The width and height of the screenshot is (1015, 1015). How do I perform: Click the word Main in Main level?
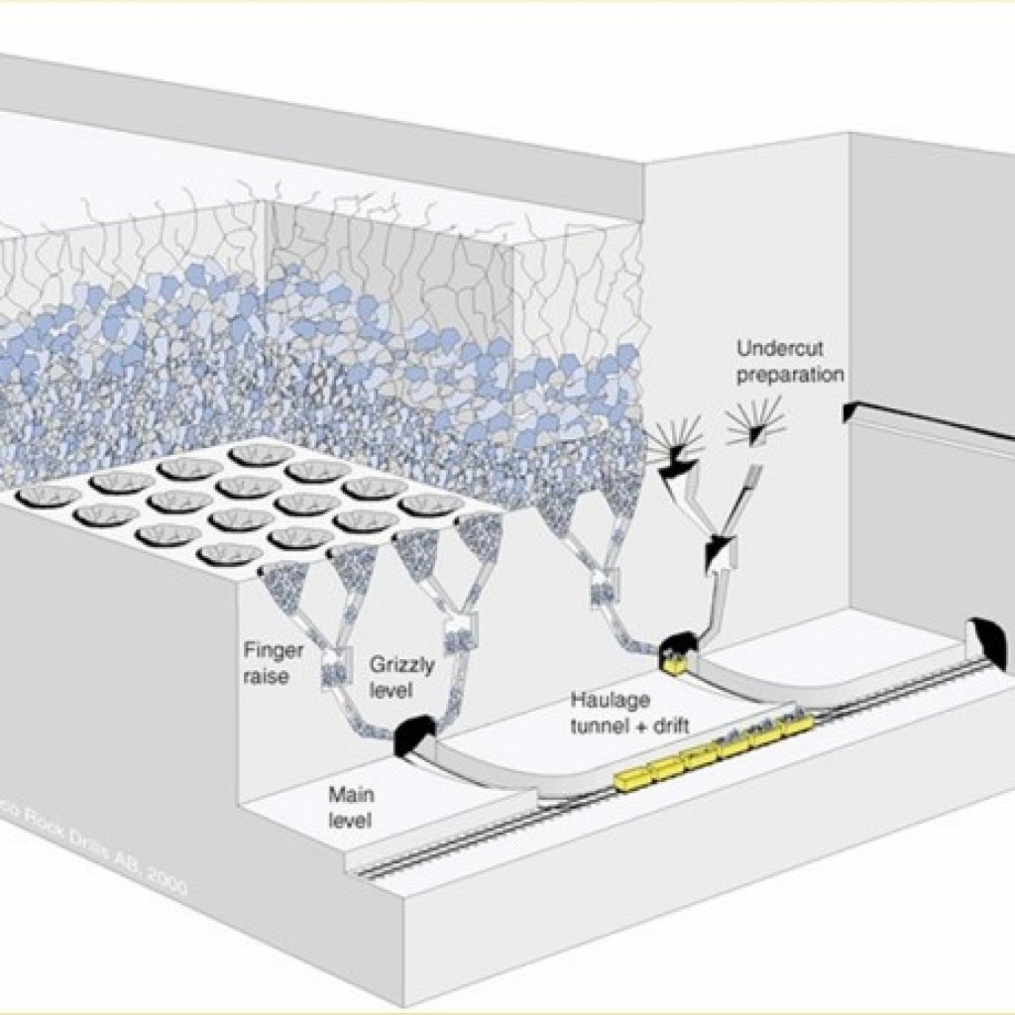point(349,795)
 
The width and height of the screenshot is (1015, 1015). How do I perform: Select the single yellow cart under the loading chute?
point(676,663)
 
